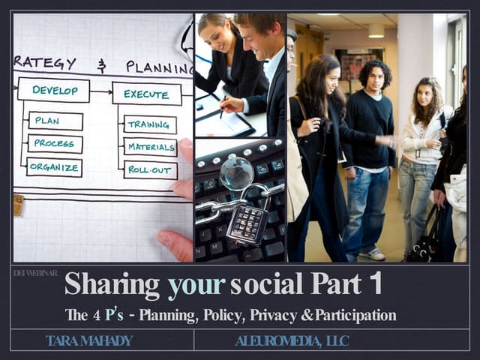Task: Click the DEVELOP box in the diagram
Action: click(x=53, y=90)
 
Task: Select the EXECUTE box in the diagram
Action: click(x=147, y=94)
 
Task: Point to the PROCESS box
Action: click(x=55, y=143)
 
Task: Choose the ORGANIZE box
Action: click(x=55, y=166)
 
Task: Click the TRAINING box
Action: click(x=150, y=124)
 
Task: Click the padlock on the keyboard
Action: click(x=247, y=222)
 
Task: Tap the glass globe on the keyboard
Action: click(x=237, y=173)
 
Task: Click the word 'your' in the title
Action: click(x=196, y=285)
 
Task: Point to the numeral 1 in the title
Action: click(x=376, y=284)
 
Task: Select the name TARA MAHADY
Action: click(x=89, y=341)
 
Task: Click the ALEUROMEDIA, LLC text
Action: click(x=292, y=341)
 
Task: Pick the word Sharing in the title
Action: click(x=112, y=285)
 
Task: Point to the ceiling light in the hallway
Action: click(x=376, y=30)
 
